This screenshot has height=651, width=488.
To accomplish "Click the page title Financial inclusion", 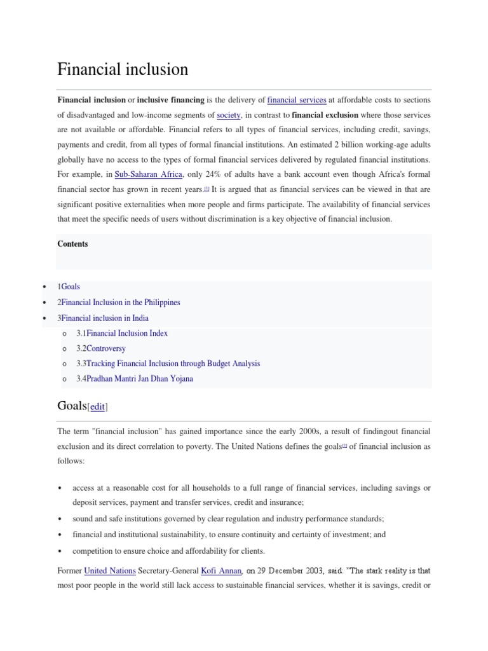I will click(x=123, y=69).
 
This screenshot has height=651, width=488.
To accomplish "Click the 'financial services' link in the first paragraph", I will click(x=297, y=100).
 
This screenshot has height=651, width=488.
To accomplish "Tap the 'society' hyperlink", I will click(x=228, y=115).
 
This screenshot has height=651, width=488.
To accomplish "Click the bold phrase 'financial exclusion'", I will click(x=325, y=115).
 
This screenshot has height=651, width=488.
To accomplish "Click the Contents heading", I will click(x=72, y=244).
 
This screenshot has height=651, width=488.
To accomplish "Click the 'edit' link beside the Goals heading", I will click(x=97, y=407).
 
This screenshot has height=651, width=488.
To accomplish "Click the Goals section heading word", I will click(x=72, y=406).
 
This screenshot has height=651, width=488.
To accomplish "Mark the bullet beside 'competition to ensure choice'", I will click(x=59, y=551).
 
